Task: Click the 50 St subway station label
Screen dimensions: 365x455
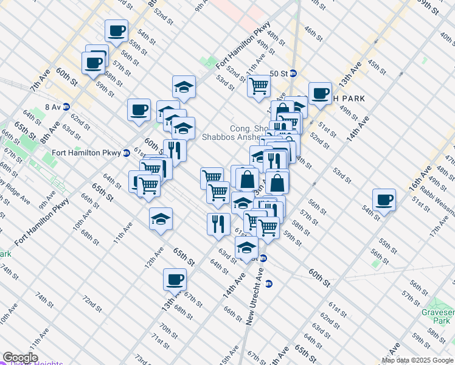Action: coord(278,73)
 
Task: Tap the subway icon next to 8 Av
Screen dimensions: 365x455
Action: coord(66,107)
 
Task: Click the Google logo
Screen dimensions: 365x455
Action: coord(20,358)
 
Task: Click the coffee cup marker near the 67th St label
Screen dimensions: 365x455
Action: coord(175,280)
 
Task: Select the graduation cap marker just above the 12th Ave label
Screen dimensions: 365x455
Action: coord(161,219)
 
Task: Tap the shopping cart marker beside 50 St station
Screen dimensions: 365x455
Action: coord(259,86)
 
